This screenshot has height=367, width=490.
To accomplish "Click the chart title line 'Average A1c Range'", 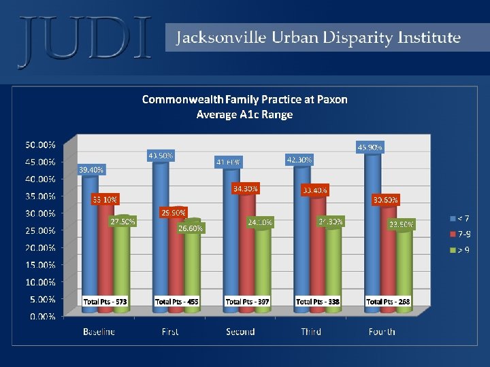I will tap(244, 114).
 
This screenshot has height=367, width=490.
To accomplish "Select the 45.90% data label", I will tap(370, 146).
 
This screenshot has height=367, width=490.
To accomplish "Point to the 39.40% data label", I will tap(91, 170).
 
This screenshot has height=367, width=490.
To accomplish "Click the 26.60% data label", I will tap(190, 228).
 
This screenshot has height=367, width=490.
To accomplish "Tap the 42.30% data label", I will tap(299, 160).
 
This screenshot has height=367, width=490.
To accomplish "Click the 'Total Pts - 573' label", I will tap(105, 301).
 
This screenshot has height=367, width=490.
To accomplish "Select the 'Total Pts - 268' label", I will tap(388, 301).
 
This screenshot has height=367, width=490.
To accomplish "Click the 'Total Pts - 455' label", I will tap(177, 301).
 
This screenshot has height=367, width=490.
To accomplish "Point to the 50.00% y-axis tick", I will tap(41, 145).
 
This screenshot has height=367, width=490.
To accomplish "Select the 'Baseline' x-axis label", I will tap(99, 332).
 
